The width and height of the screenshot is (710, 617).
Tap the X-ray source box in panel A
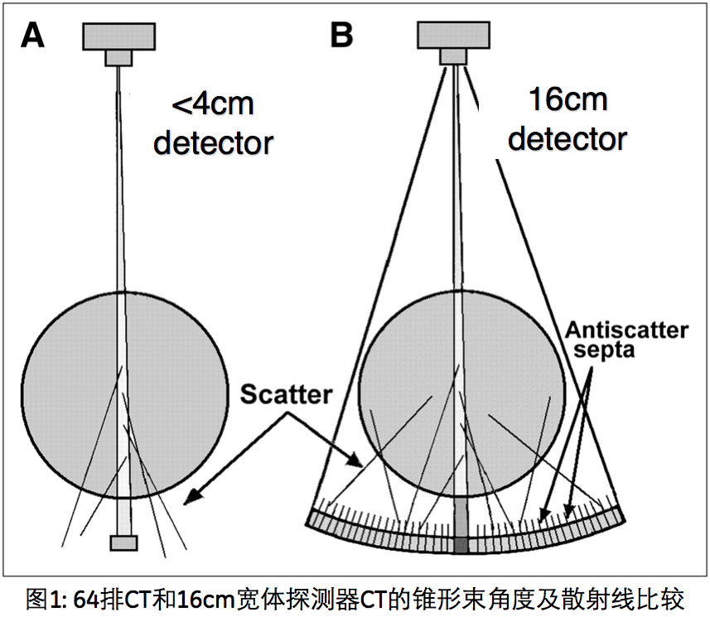118,34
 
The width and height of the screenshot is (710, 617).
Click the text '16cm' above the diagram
568,100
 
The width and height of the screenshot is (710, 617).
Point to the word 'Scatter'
286,394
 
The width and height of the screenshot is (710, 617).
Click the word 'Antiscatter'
626,330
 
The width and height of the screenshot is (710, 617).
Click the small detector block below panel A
123,542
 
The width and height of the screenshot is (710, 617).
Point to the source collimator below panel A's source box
118,57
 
